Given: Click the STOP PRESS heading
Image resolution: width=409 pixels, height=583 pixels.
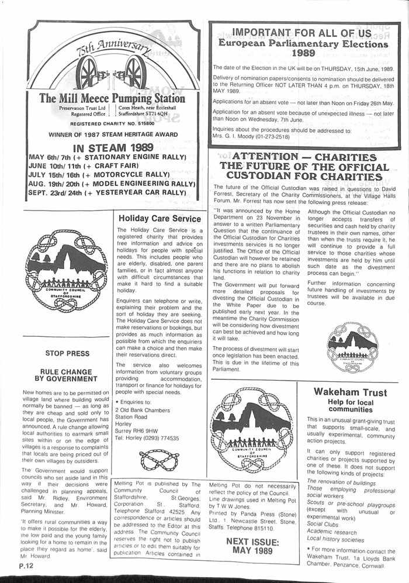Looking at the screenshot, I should pyautogui.click(x=67, y=353).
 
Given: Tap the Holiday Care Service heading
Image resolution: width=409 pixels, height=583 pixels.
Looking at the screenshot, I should pyautogui.click(x=160, y=218).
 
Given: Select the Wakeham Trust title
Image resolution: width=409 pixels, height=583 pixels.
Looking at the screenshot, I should pyautogui.click(x=350, y=392).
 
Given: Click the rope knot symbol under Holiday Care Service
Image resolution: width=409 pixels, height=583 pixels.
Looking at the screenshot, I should pyautogui.click(x=159, y=461).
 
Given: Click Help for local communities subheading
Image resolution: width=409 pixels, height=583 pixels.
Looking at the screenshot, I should pyautogui.click(x=350, y=406).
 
